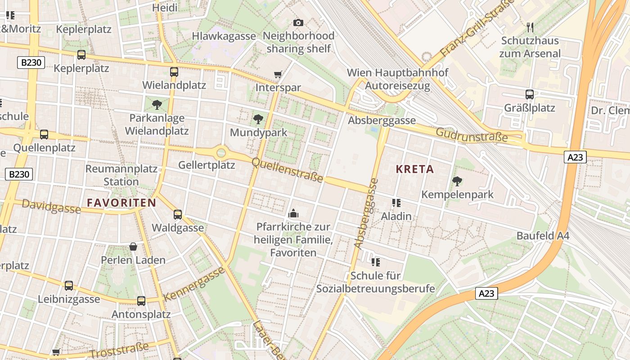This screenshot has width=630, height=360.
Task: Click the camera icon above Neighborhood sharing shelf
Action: pyautogui.click(x=298, y=22)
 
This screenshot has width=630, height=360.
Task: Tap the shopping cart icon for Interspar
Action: pyautogui.click(x=278, y=74)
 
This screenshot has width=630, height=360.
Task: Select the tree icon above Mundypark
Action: pyautogui.click(x=258, y=119)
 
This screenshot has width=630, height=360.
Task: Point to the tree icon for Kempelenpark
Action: pyautogui.click(x=457, y=181)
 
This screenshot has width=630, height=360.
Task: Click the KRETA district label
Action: pyautogui.click(x=414, y=169)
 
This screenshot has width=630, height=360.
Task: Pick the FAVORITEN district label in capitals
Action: pyautogui.click(x=121, y=202)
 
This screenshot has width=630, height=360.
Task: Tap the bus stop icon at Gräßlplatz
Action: pyautogui.click(x=530, y=94)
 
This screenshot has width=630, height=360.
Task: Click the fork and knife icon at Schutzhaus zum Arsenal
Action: pyautogui.click(x=530, y=27)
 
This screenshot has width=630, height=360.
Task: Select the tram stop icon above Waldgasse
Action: pyautogui.click(x=178, y=214)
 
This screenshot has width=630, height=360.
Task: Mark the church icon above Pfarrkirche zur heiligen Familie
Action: pyautogui.click(x=293, y=213)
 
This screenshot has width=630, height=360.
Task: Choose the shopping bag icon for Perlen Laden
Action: pyautogui.click(x=133, y=247)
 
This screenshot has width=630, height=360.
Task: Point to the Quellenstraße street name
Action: pyautogui.click(x=287, y=170)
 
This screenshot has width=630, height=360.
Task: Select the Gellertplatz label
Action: pyautogui.click(x=207, y=165)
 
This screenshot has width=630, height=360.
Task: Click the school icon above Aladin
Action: pyautogui.click(x=396, y=203)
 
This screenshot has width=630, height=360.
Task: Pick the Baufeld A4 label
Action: pyautogui.click(x=543, y=236)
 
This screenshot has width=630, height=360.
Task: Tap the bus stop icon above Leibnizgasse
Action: pyautogui.click(x=69, y=285)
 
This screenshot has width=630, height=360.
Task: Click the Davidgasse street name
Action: pyautogui.click(x=51, y=207)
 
